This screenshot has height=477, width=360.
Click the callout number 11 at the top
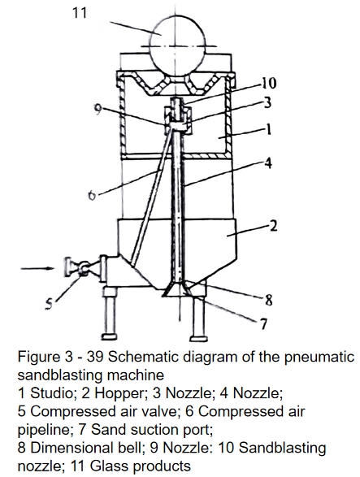[x=80, y=13]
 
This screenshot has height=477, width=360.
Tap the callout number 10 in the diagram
[x=268, y=83]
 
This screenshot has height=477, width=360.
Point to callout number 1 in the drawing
[x=268, y=130]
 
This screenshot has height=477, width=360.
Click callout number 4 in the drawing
[x=267, y=163]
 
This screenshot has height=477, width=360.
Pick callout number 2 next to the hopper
[x=274, y=226]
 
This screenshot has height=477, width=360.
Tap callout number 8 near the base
[x=268, y=301]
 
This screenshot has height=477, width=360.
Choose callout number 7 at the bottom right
[x=263, y=324]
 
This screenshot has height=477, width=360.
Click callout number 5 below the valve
[x=50, y=304]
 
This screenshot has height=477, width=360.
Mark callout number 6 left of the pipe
[x=92, y=195]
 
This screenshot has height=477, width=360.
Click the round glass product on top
[x=178, y=46]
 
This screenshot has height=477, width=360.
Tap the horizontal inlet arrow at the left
[x=37, y=268]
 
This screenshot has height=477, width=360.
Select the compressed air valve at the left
[x=82, y=267]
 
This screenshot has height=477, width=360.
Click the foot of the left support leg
[x=109, y=336]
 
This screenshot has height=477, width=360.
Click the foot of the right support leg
[x=198, y=338]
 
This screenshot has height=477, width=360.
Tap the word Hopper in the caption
[x=119, y=393]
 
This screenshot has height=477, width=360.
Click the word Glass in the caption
[x=108, y=466]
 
